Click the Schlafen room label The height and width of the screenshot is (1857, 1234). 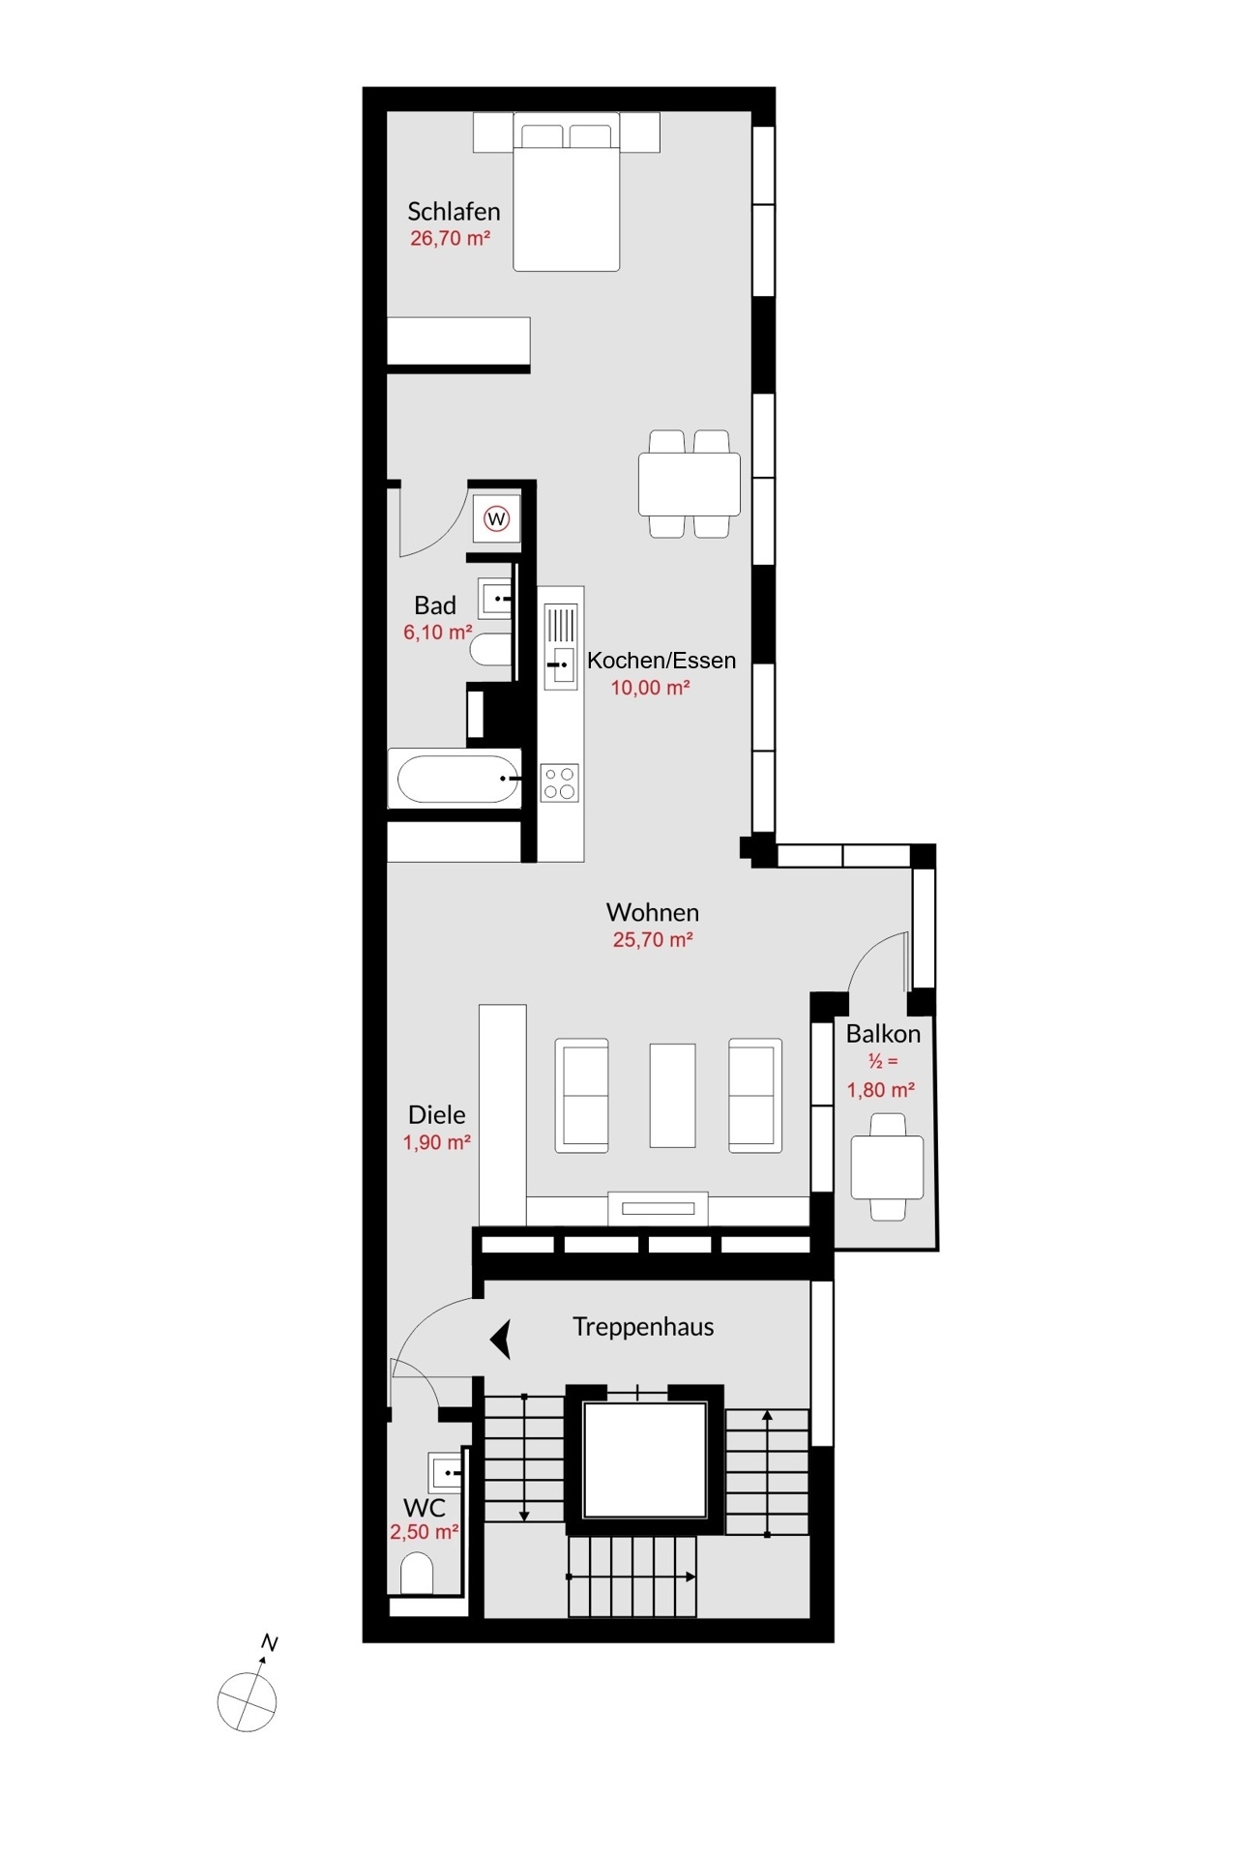coord(454,211)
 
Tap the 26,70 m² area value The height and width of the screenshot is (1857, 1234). coord(450,238)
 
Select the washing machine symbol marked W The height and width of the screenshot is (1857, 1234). coord(497,519)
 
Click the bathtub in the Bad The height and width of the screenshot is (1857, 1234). coord(457,779)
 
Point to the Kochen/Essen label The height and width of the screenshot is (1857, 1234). coord(661,661)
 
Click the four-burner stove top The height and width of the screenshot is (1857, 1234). coord(560,782)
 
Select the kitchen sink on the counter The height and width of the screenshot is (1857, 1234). coord(561,645)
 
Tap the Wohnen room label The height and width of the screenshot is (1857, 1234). coord(653,912)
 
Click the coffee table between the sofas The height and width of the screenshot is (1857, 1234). coord(672,1095)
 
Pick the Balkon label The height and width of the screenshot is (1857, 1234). coord(883,1034)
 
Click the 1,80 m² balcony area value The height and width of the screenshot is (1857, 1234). coord(881,1090)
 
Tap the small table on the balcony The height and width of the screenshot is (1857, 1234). coord(887,1167)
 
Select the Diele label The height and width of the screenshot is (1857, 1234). coord(437,1114)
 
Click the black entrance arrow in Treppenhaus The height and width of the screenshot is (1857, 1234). coord(501,1341)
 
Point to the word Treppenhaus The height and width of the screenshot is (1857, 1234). coord(643,1327)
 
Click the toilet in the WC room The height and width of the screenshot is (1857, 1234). coord(417,1574)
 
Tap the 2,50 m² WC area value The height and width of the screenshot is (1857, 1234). coord(424,1532)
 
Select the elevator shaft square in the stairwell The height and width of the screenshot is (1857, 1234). coord(645,1459)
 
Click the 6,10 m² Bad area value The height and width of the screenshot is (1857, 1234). coord(438,633)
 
